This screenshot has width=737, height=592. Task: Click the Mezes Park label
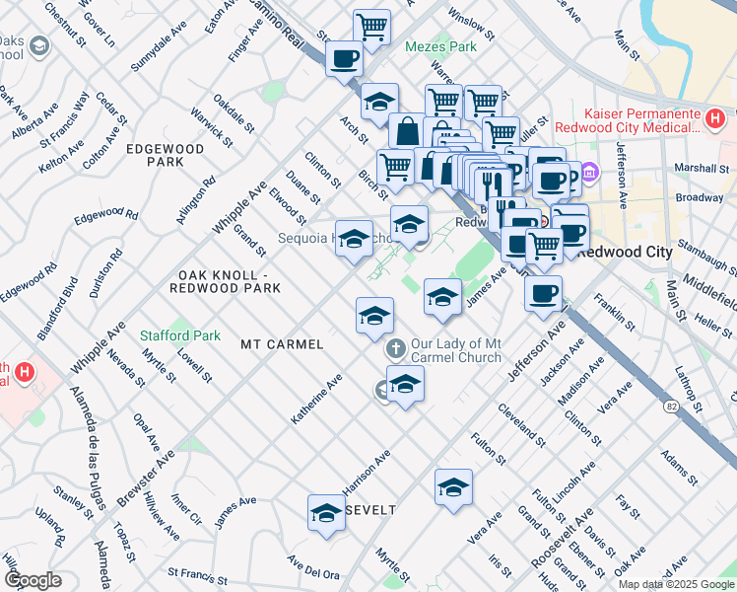pyautogui.click(x=435, y=45)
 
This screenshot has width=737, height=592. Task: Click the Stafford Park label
pyautogui.click(x=180, y=335)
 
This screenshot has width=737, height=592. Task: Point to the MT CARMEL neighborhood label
pyautogui.click(x=282, y=344)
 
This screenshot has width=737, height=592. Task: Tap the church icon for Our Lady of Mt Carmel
pyautogui.click(x=395, y=347)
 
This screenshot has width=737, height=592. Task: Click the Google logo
pyautogui.click(x=33, y=580)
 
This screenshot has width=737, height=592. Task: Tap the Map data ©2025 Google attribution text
pyautogui.click(x=675, y=584)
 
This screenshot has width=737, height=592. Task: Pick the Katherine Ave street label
pyautogui.click(x=315, y=400)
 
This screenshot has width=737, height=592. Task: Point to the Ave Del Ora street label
pyautogui.click(x=313, y=567)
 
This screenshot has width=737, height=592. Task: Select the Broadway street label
pyautogui.click(x=700, y=197)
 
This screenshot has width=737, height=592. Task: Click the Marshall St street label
pyautogui.click(x=702, y=168)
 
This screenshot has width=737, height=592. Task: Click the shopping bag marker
pyautogui.click(x=406, y=130)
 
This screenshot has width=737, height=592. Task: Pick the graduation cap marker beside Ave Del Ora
pyautogui.click(x=325, y=512)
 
